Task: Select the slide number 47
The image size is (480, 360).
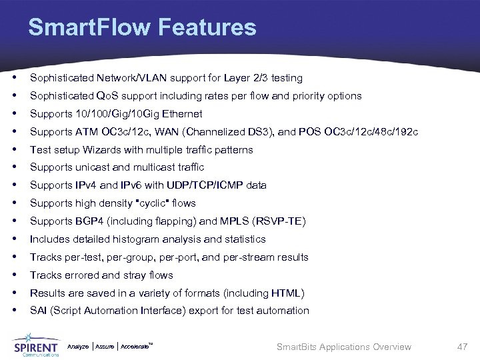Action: pos(461,347)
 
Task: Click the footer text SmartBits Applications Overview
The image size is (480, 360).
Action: pos(344,347)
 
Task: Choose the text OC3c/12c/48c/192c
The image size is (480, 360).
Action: pos(375,132)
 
